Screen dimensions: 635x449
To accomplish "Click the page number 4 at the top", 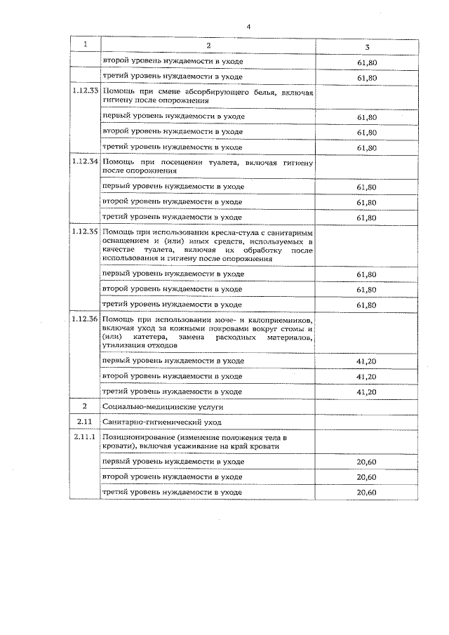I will point(248,27).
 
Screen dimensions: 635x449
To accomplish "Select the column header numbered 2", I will point(208,45).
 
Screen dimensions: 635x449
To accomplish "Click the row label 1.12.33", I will point(86,91).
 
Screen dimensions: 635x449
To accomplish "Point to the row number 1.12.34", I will point(86,161).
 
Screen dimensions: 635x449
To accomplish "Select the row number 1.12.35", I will point(86,232).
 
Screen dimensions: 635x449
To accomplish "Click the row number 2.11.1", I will point(86,437).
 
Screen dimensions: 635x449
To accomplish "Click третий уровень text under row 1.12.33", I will point(173,147).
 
